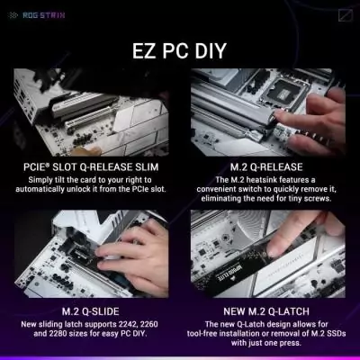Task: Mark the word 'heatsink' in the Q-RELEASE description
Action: pyautogui.click(x=255, y=181)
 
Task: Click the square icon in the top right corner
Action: pyautogui.click(x=346, y=13)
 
